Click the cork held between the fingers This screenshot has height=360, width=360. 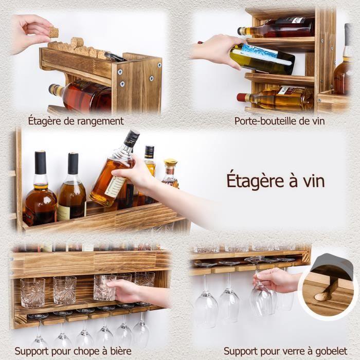(x=53, y=32)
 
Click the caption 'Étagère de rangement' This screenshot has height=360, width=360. (x=76, y=121)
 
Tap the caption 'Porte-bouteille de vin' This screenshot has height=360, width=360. (x=280, y=121)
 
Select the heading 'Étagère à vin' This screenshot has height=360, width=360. (x=276, y=181)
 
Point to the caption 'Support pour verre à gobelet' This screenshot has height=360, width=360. (x=284, y=351)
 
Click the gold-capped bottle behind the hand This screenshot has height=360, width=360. (x=170, y=174)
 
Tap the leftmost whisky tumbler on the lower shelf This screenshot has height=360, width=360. (x=32, y=292)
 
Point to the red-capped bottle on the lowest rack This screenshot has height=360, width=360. (x=278, y=97)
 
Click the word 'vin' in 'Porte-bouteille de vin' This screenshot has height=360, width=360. (x=317, y=121)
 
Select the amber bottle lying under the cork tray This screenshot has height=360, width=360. (x=82, y=96)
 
